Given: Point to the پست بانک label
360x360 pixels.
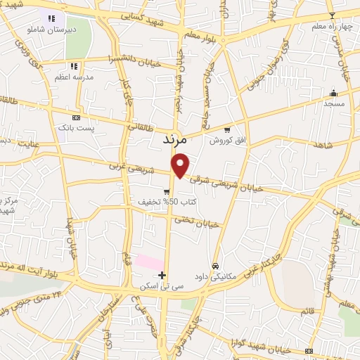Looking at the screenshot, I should tap(77, 129).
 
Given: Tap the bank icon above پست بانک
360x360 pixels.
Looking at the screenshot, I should tap(77, 117).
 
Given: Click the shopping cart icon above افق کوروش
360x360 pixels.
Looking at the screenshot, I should tap(226, 129).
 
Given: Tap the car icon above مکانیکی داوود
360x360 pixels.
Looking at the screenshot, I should tap(215, 266).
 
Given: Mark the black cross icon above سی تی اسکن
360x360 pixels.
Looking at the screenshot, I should tap(162, 275).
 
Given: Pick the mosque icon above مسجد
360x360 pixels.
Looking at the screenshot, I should tap(334, 93).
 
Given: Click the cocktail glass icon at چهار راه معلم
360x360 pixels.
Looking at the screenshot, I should tap(332, 15).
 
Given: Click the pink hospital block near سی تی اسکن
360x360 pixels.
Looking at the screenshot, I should tap(149, 262).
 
